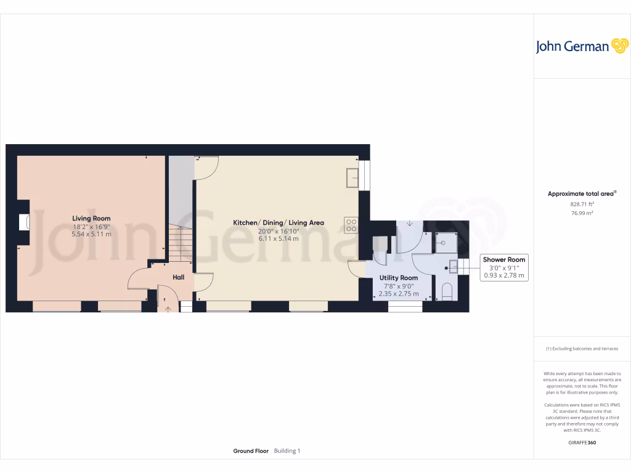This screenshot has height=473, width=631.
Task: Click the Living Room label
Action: (91, 218)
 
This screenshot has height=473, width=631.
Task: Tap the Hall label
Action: (178, 277)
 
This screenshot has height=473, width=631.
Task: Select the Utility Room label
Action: (399, 278)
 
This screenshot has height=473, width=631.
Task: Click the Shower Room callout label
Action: (504, 260)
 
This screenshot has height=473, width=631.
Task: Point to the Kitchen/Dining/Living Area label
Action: (278, 222)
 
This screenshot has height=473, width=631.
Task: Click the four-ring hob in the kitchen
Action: (352, 225)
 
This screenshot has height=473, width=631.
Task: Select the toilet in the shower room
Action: (447, 291)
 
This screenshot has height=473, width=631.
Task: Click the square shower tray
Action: (446, 243)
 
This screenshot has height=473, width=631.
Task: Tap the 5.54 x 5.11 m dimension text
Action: (91, 234)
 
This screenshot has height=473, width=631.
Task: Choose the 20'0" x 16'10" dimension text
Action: (278, 231)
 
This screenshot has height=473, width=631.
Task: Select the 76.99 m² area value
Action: (582, 213)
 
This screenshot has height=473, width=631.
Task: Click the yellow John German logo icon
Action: (619, 46)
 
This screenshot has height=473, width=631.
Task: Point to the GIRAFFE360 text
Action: (582, 443)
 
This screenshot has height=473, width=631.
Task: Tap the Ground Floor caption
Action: (251, 451)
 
